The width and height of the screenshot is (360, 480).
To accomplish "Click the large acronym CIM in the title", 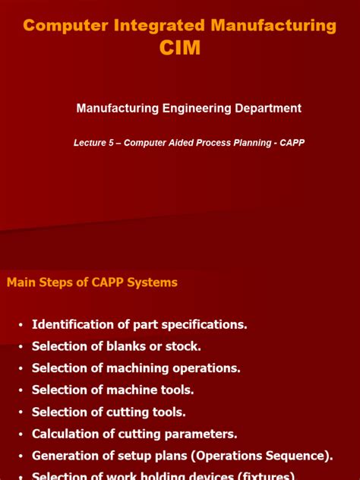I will coord(180,48).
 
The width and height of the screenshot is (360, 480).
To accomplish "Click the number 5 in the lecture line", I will coord(112,143).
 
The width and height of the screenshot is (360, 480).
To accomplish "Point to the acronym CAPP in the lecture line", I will coord(291,143).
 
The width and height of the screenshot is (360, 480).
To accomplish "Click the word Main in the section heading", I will coord(21,283).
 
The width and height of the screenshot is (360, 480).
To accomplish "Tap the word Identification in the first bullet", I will coord(68,324).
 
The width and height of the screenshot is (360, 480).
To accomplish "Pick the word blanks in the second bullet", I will coord(119,346).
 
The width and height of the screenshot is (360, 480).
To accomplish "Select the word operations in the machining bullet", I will coord(207,368).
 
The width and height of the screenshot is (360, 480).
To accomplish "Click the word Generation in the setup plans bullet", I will coord(65,456).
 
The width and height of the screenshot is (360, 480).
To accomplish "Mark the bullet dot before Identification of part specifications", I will coord(21,325).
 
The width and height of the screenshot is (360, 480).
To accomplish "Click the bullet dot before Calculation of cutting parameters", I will coord(21,435).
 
